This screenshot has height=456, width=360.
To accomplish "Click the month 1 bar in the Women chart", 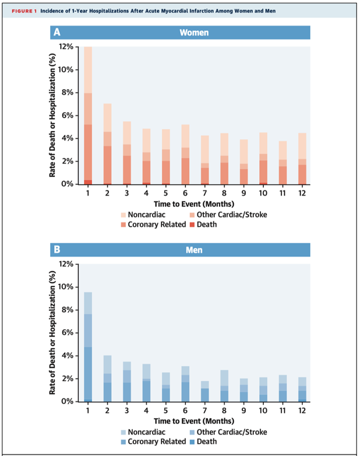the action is tap(88, 115).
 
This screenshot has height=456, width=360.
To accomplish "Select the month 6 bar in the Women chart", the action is tap(185, 154).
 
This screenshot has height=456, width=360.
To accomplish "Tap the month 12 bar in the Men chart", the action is tap(302, 390).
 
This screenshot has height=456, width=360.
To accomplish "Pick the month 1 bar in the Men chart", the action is tap(88, 347).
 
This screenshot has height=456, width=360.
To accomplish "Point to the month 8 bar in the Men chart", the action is tap(224, 386).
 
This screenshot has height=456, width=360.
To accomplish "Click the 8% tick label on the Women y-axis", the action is tap(68, 93).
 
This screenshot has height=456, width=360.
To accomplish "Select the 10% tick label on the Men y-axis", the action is tap(66, 287).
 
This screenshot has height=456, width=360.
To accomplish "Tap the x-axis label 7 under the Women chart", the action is tap(204, 193).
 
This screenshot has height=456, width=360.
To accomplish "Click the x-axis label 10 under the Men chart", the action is tap(263, 411).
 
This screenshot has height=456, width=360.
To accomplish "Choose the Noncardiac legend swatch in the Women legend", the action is tap(123, 215).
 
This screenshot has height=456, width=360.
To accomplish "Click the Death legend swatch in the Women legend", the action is tap(192, 225).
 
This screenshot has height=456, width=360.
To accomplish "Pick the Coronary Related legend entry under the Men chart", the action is tap(153, 441).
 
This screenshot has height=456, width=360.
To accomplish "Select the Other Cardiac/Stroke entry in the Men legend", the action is tap(228, 432).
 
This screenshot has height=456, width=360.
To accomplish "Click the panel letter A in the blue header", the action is tap(57, 32).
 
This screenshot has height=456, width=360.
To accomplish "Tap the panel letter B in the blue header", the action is tap(57, 249).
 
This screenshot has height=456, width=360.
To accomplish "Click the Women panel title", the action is tap(194, 33).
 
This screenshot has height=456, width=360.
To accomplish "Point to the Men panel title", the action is tap(194, 250).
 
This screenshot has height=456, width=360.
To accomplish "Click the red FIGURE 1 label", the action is tap(24, 11).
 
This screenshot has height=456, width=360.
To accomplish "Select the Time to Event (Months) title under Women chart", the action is tap(194, 204).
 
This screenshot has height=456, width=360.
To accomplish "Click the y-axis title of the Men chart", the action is tap(52, 333).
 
